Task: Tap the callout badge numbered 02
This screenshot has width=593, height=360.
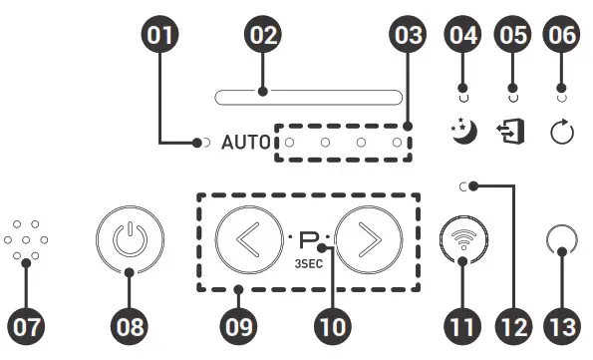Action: point(262,37)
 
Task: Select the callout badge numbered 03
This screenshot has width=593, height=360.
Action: point(407,37)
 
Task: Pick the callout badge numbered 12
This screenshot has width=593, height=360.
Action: point(515,326)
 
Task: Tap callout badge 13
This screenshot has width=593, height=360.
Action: point(561,326)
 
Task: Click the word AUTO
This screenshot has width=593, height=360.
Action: point(245,143)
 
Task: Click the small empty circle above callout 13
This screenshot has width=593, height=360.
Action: point(561,240)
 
